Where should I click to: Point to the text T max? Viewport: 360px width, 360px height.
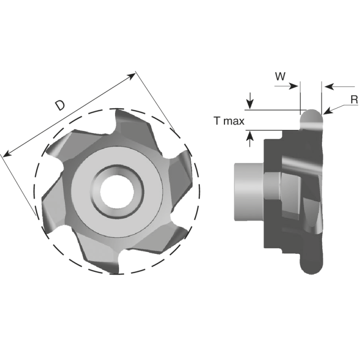(x=229, y=121)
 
